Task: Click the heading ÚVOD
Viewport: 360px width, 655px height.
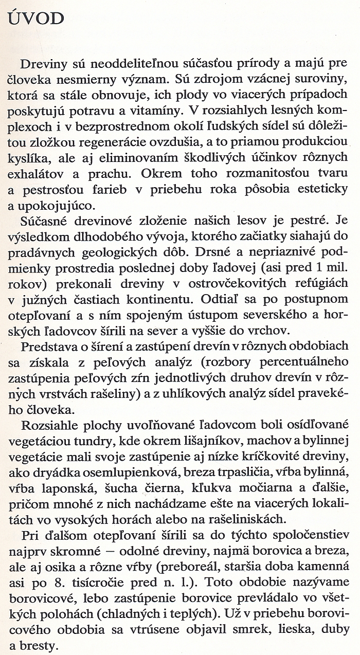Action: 35,20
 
